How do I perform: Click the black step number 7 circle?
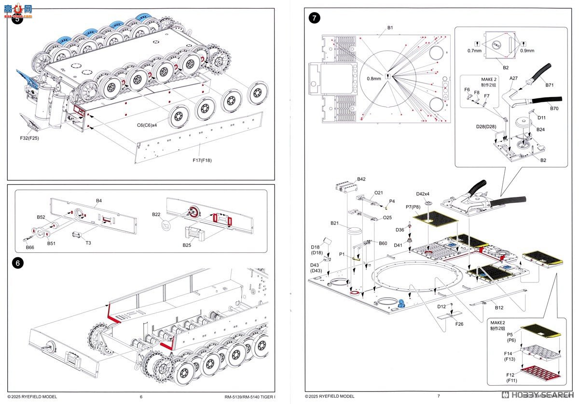coord(314,18)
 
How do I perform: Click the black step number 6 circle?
coord(17,264)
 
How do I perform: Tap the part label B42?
coord(361,179)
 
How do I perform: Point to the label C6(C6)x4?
coord(150,125)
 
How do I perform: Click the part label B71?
coord(550,85)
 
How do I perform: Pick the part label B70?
coord(554,109)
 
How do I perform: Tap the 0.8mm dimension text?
coord(373,78)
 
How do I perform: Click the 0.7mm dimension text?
coord(474,50)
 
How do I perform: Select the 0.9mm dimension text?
coord(527,50)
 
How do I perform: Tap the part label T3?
coord(88,243)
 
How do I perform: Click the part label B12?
coord(499,307)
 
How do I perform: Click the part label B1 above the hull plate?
coord(390,28)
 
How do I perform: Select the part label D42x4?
coord(423,194)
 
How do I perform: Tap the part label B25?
coord(187,245)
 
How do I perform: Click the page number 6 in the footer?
coord(141,397)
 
